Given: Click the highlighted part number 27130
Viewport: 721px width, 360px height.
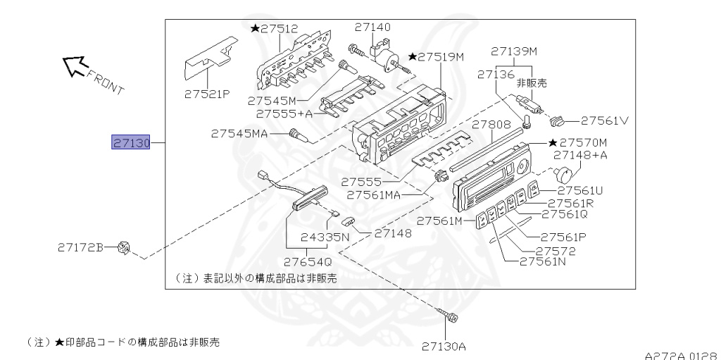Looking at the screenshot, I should [131, 143].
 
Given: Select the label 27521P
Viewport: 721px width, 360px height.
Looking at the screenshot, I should [207, 93].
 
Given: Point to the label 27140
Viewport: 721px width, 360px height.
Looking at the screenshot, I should [372, 27].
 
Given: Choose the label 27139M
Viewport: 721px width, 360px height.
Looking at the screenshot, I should [514, 51].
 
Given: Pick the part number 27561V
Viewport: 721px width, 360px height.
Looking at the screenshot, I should [605, 120].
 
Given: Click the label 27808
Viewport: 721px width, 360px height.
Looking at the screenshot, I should [491, 125].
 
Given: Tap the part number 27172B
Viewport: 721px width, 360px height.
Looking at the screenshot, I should [81, 247].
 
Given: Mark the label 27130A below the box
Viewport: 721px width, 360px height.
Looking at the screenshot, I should [444, 346].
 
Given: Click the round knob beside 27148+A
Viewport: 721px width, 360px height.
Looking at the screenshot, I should [565, 173].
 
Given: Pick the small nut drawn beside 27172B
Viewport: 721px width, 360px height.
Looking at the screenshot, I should [125, 247].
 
